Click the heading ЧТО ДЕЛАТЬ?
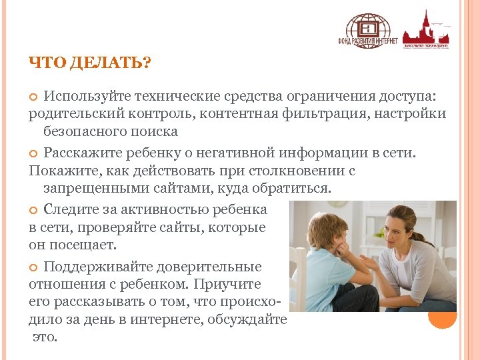(90, 63)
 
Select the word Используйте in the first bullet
(83, 97)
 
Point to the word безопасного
(84, 131)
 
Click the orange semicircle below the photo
(442, 319)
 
